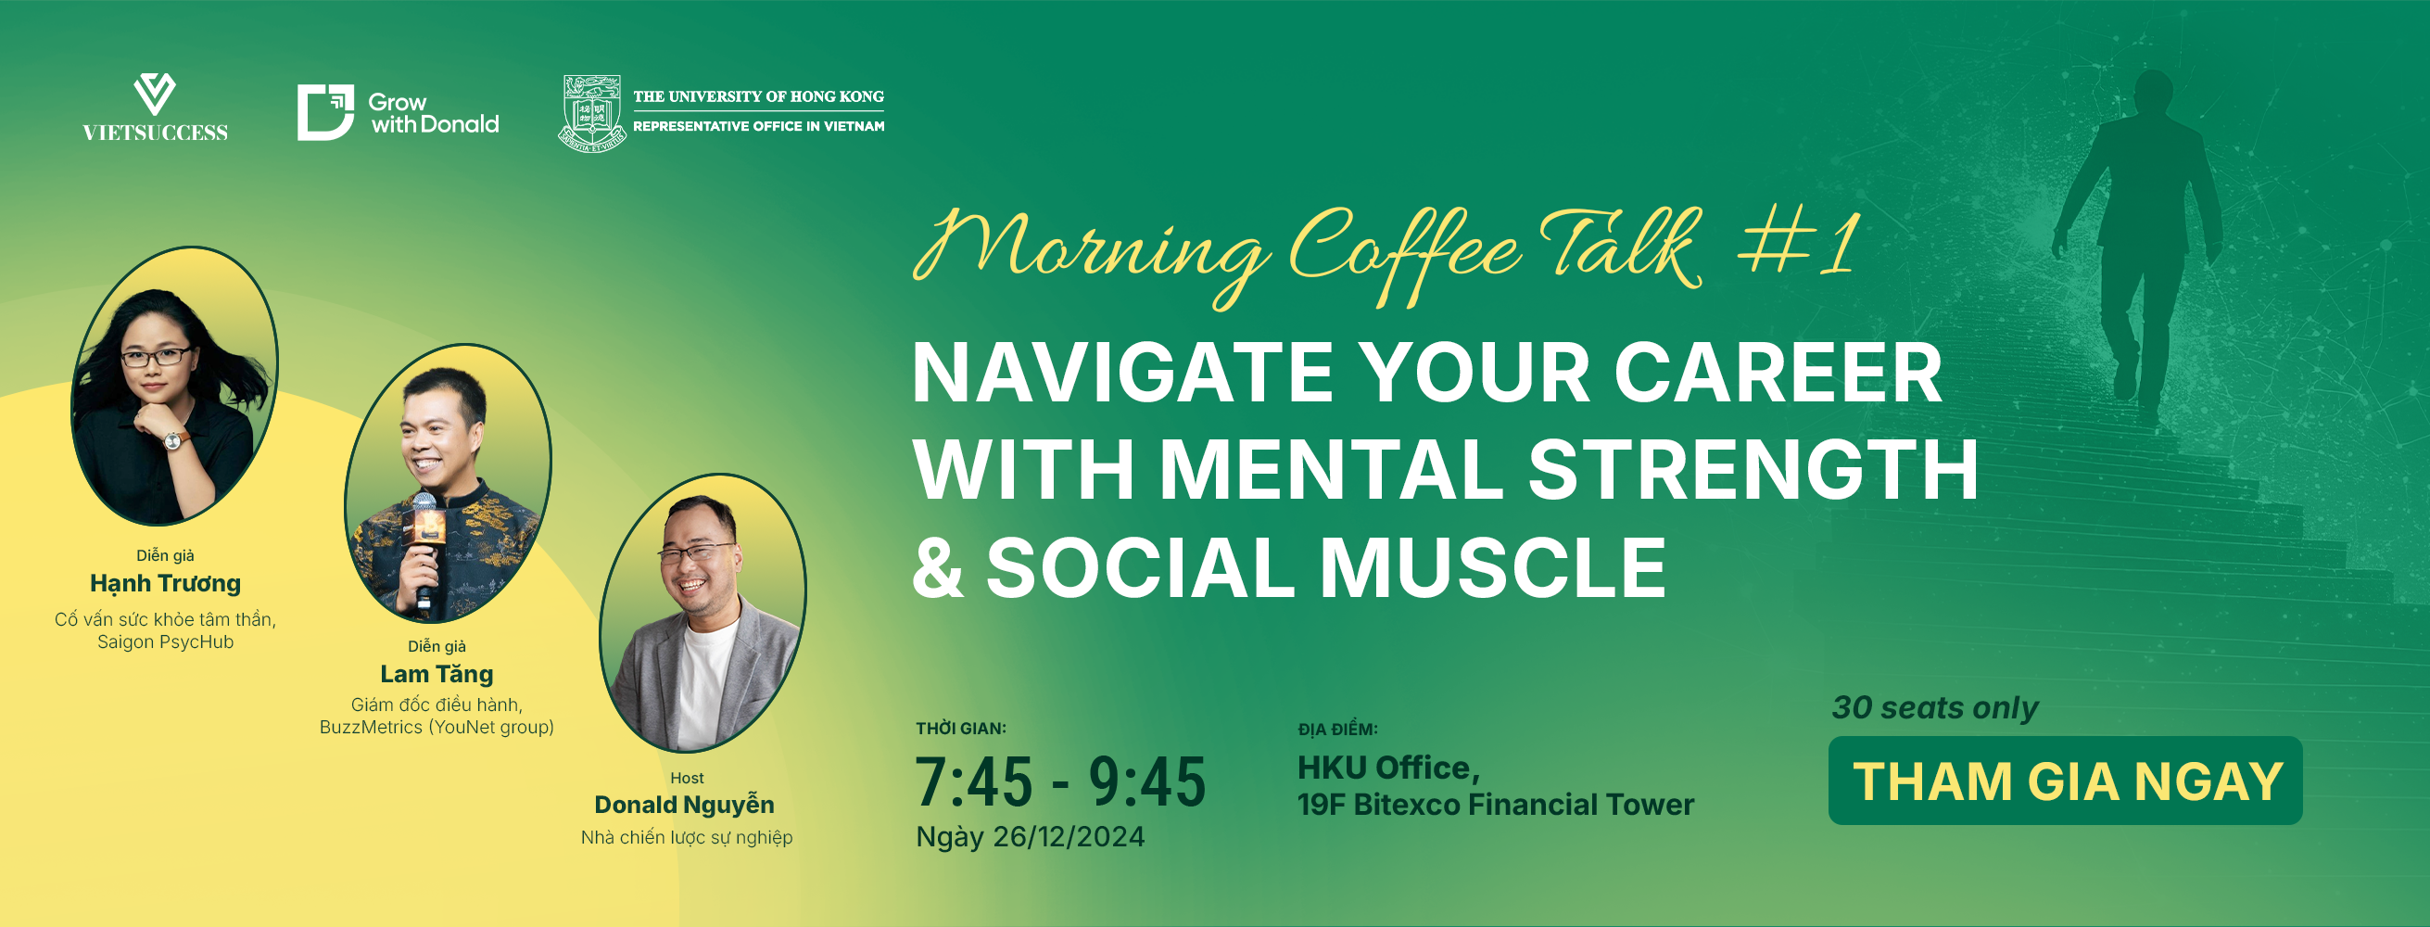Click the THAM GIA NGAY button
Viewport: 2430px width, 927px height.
(2065, 781)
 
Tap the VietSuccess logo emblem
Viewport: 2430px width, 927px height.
(155, 95)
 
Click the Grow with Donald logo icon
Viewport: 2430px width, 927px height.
(325, 112)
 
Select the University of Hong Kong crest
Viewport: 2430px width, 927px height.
(591, 114)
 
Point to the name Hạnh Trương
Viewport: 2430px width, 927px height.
(165, 583)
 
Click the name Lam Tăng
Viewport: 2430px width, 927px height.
(437, 674)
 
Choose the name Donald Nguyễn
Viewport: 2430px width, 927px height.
(685, 805)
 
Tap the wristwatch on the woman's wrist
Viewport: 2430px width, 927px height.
(173, 440)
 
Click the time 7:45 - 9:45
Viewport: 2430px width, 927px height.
(1060, 782)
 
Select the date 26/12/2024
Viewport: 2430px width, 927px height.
(1069, 837)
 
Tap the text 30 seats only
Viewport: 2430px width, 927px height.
(1935, 708)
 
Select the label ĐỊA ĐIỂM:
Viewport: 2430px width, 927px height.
(1337, 730)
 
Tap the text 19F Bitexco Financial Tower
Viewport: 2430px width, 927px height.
(1496, 806)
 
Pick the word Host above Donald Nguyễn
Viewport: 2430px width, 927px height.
(687, 778)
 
